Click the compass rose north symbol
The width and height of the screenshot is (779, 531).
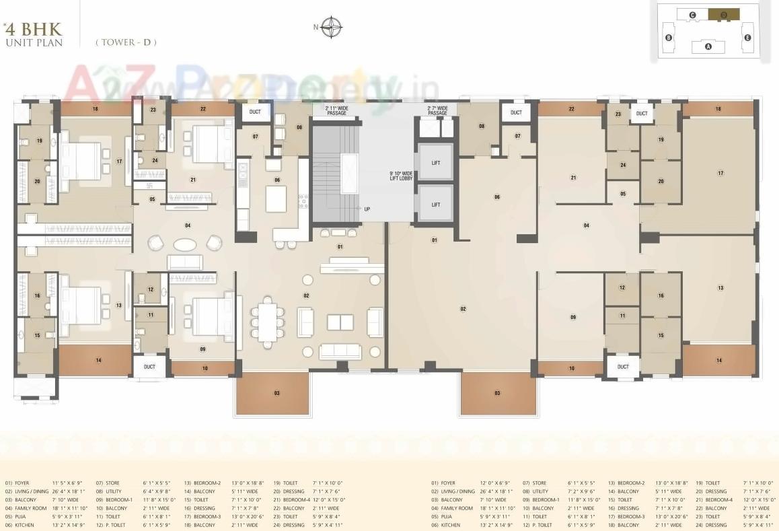[x=331, y=28]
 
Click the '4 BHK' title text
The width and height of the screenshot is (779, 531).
[x=33, y=29]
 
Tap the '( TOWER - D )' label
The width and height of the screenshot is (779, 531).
[x=126, y=42]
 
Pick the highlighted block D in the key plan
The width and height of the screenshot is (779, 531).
[x=724, y=14]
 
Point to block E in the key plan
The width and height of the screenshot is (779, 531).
[x=747, y=38]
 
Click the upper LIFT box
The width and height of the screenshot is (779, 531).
[x=435, y=162]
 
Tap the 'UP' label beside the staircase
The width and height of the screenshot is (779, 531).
[x=367, y=209]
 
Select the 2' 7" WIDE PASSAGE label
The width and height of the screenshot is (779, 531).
[x=437, y=110]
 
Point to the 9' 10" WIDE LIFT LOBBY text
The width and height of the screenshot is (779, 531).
[x=401, y=176]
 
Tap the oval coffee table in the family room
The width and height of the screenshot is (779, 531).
[x=185, y=244]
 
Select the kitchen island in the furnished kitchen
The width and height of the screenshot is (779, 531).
[x=275, y=199]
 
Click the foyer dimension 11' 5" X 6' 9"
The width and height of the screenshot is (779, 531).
[x=67, y=483]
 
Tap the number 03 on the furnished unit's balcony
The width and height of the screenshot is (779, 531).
[x=276, y=392]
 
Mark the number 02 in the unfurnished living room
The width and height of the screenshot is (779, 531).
[x=463, y=309]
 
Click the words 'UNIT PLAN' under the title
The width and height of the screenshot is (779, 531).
[x=34, y=42]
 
